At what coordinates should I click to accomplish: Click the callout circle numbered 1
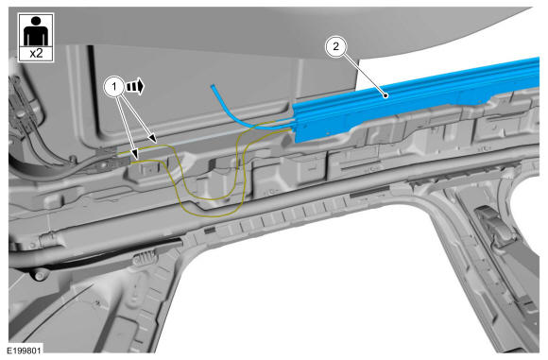pos(114,86)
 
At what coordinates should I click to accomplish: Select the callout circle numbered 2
pos(335,46)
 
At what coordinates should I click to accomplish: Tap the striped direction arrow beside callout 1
pos(135,86)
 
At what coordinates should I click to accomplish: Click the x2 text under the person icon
pos(36,54)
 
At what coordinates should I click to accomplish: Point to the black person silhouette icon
pos(36,31)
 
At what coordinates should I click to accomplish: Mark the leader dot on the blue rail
pos(385,95)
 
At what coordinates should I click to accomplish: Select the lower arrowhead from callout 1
pos(134,155)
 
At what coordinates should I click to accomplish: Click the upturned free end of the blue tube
pos(213,86)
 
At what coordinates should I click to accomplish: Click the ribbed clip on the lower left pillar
pos(145,258)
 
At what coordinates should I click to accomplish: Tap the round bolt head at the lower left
pos(39,274)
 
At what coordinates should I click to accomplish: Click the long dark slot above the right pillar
pos(369,191)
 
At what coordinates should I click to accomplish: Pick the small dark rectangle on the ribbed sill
pos(210,230)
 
